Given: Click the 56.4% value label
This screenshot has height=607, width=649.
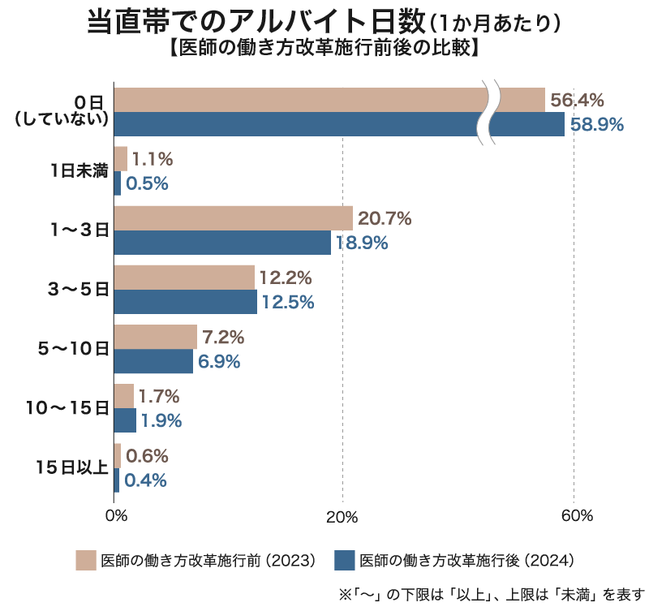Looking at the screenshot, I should click(578, 100).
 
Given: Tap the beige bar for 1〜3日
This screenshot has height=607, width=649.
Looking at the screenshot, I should click(234, 218).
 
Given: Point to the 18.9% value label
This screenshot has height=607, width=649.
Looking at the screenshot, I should click(362, 243).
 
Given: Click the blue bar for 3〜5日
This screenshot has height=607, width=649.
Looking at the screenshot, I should click(186, 302).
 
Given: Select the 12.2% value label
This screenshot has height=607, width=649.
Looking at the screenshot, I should click(286, 278).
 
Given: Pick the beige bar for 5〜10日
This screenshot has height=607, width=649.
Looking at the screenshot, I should click(156, 337).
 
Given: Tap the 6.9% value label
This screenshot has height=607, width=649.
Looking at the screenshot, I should click(219, 362).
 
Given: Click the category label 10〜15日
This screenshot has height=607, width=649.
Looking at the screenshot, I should click(67, 408).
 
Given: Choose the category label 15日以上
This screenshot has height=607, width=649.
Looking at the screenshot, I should click(72, 467).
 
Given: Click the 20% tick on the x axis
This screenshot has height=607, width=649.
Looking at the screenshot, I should click(342, 516).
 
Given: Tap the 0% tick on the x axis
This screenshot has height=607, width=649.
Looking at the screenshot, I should click(116, 516).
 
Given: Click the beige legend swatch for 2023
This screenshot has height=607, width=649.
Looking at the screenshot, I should click(86, 560).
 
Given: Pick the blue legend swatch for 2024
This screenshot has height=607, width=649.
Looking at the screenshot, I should click(344, 560).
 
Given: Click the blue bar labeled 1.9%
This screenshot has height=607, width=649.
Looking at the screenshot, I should click(125, 420).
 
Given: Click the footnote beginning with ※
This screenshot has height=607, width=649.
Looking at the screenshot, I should click(492, 592).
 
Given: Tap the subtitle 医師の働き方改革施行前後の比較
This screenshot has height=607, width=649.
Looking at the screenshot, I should click(324, 47).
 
